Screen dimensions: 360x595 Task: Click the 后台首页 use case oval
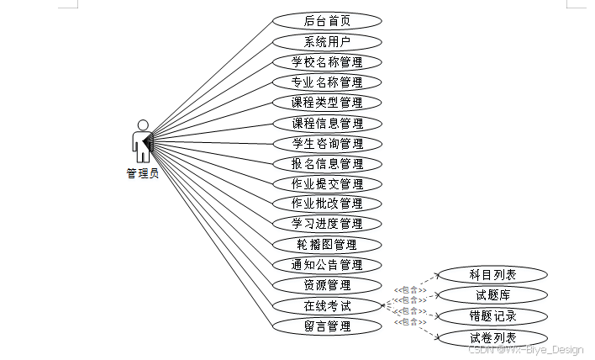pyautogui.click(x=327, y=21)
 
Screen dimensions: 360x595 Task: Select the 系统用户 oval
pyautogui.click(x=327, y=41)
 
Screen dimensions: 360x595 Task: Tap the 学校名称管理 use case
pyautogui.click(x=327, y=62)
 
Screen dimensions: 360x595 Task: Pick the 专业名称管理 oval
pyautogui.click(x=327, y=82)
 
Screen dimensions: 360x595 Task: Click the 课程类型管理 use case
pyautogui.click(x=327, y=103)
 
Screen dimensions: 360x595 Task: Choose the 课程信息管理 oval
pyautogui.click(x=327, y=124)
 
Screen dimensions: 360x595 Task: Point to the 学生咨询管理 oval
pyautogui.click(x=327, y=144)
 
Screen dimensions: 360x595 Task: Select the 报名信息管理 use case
pyautogui.click(x=327, y=164)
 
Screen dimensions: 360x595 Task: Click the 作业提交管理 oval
pyautogui.click(x=327, y=184)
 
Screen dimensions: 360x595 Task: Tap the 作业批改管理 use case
pyautogui.click(x=327, y=204)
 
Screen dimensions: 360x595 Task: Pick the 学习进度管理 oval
pyautogui.click(x=327, y=224)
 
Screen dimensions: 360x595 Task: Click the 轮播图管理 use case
pyautogui.click(x=327, y=245)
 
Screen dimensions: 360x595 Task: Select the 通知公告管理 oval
pyautogui.click(x=327, y=265)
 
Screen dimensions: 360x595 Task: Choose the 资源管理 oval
pyautogui.click(x=327, y=285)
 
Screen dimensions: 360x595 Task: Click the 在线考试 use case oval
pyautogui.click(x=327, y=305)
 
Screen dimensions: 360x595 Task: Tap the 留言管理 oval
pyautogui.click(x=327, y=326)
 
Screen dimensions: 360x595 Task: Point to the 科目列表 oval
pyautogui.click(x=492, y=275)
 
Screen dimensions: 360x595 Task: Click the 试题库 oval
pyautogui.click(x=492, y=295)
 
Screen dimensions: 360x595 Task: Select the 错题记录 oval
pyautogui.click(x=492, y=316)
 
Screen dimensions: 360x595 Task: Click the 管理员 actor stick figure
pyautogui.click(x=142, y=141)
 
